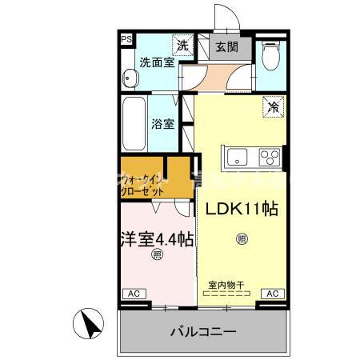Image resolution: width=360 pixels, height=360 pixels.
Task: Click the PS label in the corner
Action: click(x=126, y=38)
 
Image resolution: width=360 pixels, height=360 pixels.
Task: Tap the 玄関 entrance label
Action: click(x=228, y=47)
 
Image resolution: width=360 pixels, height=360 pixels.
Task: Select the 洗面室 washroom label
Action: click(x=157, y=62)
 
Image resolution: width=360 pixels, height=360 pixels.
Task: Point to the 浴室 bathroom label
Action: click(x=163, y=124)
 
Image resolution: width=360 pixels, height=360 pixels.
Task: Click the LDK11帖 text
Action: click(x=242, y=209)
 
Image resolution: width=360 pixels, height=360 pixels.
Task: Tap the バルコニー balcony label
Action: click(x=202, y=330)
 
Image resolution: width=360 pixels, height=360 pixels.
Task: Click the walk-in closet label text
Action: click(x=145, y=186)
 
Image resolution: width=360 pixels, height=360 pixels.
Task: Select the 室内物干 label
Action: click(x=227, y=284)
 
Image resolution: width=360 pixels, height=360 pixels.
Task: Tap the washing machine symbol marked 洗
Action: click(x=183, y=46)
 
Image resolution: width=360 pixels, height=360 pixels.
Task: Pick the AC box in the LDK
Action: click(x=271, y=294)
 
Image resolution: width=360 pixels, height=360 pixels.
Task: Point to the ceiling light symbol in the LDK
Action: click(x=242, y=237)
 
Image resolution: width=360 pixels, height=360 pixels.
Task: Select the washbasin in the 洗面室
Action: click(x=130, y=78)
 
